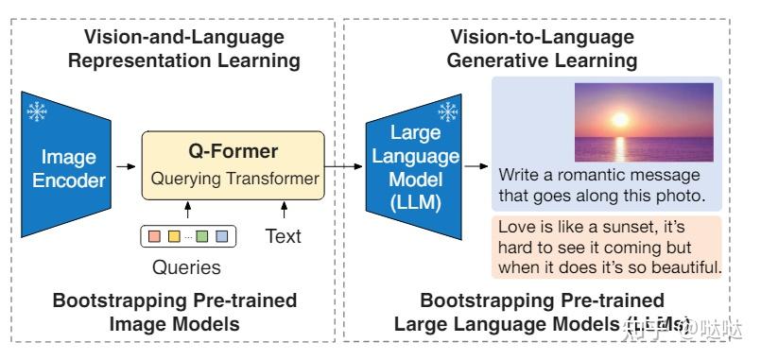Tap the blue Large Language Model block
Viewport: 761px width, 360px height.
tap(413, 166)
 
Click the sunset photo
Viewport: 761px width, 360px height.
tap(642, 121)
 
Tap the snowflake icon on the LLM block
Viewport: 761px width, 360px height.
tap(447, 110)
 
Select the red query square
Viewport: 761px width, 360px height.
tap(152, 233)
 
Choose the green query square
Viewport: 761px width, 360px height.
tap(201, 233)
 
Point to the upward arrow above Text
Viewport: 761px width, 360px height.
tap(283, 207)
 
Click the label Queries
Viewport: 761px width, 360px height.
tap(186, 267)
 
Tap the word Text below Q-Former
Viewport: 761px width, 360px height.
tap(284, 234)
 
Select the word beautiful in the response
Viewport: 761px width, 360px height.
tap(675, 268)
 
